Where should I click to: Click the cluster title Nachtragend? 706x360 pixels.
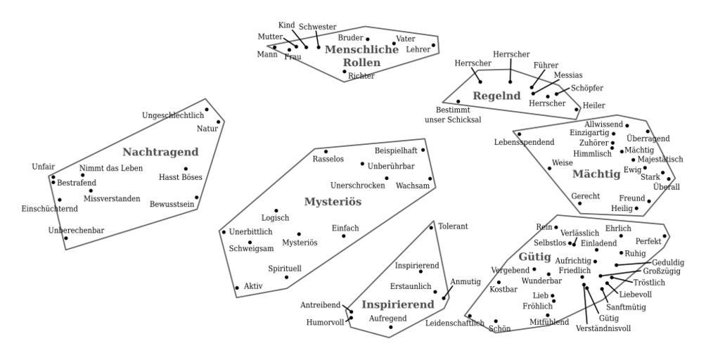[x=160, y=152]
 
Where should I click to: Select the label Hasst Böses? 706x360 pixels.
[x=181, y=177]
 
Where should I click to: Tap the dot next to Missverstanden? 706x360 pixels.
[x=91, y=191]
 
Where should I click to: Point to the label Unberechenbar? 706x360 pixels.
[x=76, y=231]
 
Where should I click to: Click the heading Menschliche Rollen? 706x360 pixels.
[x=362, y=56]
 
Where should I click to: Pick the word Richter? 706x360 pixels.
[x=361, y=76]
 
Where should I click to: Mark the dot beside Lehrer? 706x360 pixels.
[x=433, y=45]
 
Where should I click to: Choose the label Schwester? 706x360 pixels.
[x=318, y=27]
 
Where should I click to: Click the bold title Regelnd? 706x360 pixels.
[x=496, y=96]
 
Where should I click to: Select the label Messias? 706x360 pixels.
[x=568, y=75]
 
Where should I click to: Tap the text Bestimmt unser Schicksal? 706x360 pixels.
[x=454, y=115]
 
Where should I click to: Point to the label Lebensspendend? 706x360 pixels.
[x=524, y=142]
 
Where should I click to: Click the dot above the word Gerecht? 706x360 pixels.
[x=580, y=203]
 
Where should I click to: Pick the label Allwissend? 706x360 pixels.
[x=603, y=124]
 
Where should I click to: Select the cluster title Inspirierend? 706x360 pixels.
[x=397, y=305]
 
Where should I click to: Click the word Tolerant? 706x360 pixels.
[x=453, y=226]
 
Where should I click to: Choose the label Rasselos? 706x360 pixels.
[x=328, y=159]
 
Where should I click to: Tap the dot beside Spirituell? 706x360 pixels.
[x=286, y=277]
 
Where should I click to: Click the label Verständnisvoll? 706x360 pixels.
[x=603, y=328]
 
